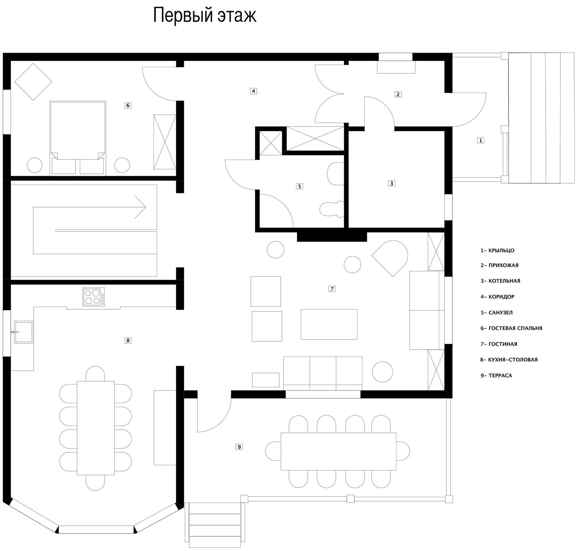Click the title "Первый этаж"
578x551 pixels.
[x=204, y=16]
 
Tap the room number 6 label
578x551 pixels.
[x=128, y=105]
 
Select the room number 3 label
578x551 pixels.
[x=391, y=183]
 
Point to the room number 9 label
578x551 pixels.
[x=239, y=447]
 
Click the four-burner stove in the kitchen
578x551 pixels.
[x=93, y=297]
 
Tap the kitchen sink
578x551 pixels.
[x=23, y=332]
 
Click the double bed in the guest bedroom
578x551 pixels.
[x=78, y=138]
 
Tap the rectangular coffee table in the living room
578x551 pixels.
[x=329, y=324]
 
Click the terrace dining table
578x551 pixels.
[x=338, y=451]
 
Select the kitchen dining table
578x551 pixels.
[x=96, y=428]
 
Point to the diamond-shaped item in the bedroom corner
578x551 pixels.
[x=33, y=81]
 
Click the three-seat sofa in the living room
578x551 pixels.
[x=323, y=374]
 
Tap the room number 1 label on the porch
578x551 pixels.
[x=480, y=140]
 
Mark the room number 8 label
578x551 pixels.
[x=128, y=340]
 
